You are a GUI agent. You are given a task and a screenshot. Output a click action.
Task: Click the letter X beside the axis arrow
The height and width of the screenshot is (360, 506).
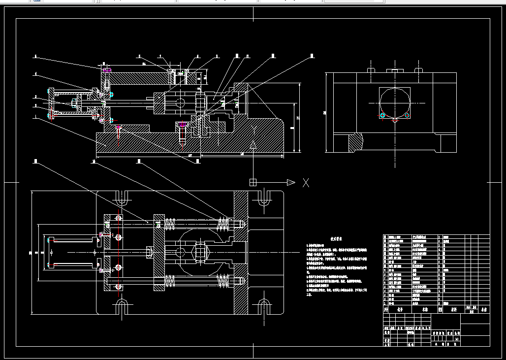[x=306, y=183]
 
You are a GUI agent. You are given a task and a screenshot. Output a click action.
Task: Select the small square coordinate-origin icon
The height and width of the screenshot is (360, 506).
[x=253, y=182]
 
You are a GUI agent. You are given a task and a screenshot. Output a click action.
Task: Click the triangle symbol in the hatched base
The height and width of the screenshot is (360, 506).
[x=253, y=143]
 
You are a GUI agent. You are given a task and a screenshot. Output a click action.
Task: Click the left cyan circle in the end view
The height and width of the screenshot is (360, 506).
[x=382, y=115]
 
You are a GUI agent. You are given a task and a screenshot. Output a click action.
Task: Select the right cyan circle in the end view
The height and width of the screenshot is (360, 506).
[x=408, y=115]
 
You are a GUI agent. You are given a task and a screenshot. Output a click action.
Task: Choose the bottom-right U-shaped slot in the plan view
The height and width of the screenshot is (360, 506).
[x=264, y=306]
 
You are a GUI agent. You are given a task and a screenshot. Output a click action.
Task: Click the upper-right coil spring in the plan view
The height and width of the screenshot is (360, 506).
[x=223, y=224]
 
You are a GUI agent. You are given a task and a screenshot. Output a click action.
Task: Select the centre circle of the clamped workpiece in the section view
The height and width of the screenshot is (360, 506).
[x=180, y=103]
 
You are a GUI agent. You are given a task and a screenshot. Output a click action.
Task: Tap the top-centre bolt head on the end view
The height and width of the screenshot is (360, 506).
[x=394, y=71]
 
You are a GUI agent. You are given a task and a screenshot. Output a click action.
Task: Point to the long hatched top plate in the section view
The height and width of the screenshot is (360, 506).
[x=138, y=77]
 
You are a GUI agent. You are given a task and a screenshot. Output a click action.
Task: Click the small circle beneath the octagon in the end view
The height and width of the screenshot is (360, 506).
[x=395, y=120]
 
